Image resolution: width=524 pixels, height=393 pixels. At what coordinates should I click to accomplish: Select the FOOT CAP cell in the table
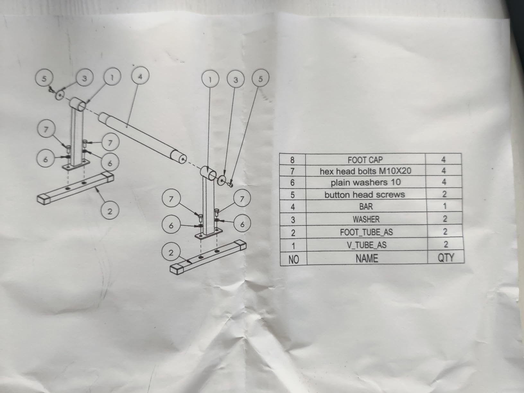tap(365, 160)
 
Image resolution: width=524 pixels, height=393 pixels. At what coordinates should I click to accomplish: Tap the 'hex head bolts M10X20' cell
tap(365, 171)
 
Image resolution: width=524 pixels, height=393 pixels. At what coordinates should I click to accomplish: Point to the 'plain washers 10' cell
tap(366, 182)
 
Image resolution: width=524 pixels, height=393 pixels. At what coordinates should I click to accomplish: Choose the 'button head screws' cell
tap(365, 195)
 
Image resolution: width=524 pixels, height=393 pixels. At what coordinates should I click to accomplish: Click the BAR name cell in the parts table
tap(366, 206)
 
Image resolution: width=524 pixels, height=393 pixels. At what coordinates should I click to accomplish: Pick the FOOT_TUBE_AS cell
tap(366, 232)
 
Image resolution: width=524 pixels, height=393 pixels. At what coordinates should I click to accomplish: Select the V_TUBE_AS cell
tap(367, 245)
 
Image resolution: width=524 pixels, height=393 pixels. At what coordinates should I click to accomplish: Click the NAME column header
tap(367, 258)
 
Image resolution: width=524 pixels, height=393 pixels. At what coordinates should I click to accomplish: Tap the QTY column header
tap(446, 257)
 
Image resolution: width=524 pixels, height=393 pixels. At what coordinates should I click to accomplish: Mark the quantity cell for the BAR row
tap(444, 206)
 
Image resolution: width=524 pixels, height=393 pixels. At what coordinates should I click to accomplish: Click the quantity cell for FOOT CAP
tap(443, 159)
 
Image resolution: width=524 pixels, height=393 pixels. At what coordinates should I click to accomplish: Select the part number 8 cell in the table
tap(292, 160)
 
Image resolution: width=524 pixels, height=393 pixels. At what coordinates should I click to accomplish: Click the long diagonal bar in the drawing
tap(141, 135)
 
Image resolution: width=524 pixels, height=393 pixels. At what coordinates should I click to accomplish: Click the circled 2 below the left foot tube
tap(110, 211)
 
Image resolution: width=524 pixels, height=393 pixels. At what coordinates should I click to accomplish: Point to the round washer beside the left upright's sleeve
tap(60, 95)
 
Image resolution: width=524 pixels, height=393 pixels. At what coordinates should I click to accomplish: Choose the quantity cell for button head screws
tap(444, 194)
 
